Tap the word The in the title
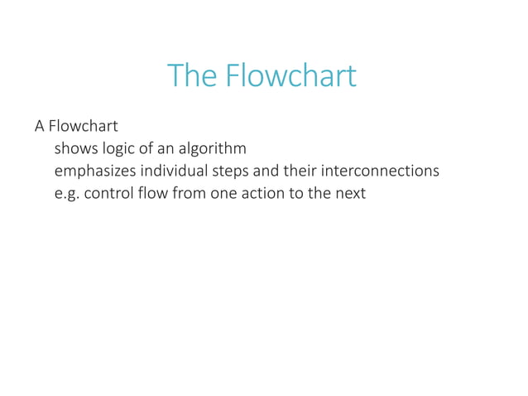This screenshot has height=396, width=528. tap(190, 76)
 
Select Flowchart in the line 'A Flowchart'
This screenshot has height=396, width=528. tap(83, 127)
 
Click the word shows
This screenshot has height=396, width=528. tap(74, 149)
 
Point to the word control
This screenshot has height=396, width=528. tap(109, 195)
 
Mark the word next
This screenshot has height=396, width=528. tap(349, 195)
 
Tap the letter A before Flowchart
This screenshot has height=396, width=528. tap(39, 127)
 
